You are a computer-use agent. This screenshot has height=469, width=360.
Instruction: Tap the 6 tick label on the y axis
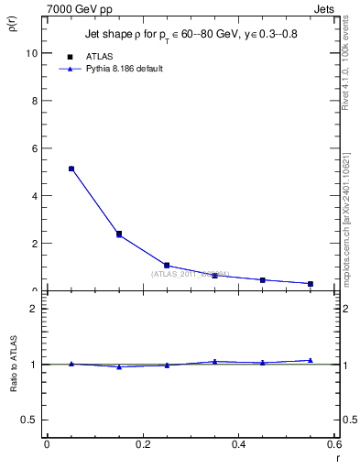pos(34,148)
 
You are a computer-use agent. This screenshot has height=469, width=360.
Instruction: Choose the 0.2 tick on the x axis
pos(142,444)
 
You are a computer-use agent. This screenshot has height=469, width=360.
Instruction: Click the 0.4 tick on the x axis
pos(238,444)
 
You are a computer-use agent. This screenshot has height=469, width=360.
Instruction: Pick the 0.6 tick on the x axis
pos(333,444)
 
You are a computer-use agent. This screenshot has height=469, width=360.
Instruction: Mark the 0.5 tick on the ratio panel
pos(30,420)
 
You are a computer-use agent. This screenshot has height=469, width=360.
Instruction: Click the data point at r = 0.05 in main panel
pos(71,169)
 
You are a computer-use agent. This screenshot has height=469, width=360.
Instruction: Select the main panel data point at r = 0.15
pos(119,234)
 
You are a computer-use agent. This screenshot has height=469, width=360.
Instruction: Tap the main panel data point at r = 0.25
pos(167,266)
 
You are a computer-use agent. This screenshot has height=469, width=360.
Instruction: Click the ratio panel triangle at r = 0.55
pos(311,360)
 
